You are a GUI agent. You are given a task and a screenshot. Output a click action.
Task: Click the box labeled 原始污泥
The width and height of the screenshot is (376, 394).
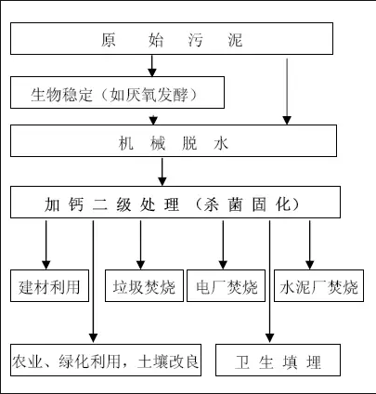(172, 40)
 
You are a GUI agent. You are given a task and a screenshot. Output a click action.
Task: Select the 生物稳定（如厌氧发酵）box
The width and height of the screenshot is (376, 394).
(116, 94)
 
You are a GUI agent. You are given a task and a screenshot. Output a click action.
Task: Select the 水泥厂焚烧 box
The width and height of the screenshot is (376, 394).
(319, 286)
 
